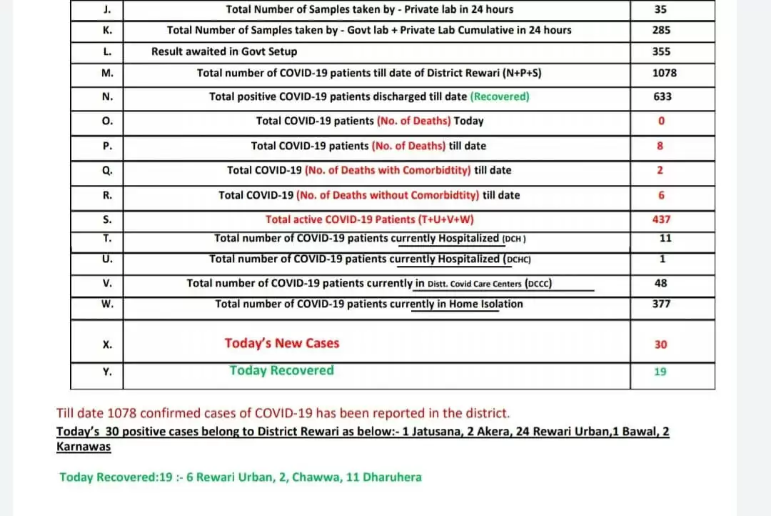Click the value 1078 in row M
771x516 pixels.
[665, 73]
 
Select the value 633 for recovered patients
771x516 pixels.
[662, 96]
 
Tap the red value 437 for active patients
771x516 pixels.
[661, 219]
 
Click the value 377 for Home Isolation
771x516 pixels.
[661, 304]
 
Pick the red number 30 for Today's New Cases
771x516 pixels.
[661, 344]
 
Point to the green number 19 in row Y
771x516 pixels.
[661, 372]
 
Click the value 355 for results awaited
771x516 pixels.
[661, 51]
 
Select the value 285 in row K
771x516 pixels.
[661, 30]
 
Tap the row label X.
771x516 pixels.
[107, 344]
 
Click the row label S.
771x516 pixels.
[107, 219]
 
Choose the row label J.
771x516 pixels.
[107, 9]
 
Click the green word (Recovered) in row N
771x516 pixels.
[500, 96]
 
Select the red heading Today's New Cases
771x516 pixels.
[282, 343]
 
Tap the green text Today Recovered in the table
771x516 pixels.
[281, 370]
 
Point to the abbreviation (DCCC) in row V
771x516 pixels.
[538, 283]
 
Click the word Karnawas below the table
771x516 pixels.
[84, 447]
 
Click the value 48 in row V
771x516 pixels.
[661, 283]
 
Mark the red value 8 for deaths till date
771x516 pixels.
[660, 146]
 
